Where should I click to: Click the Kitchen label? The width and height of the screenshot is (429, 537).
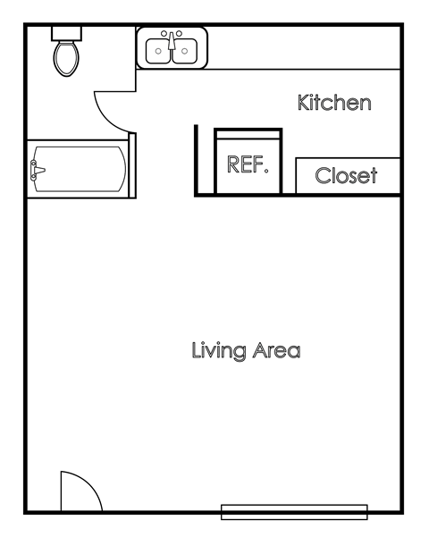click(333, 104)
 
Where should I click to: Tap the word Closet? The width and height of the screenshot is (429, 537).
click(346, 176)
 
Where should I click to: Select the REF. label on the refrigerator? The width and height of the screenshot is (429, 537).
click(248, 164)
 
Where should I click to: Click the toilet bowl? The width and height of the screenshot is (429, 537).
click(65, 59)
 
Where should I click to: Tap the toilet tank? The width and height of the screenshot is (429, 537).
click(65, 32)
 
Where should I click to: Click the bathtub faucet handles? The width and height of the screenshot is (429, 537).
click(36, 169)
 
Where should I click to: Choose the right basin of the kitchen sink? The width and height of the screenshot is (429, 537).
click(184, 50)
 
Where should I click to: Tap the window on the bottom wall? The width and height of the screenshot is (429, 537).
click(294, 512)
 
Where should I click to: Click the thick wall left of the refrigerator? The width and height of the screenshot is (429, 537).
click(196, 161)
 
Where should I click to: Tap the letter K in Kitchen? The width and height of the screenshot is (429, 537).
click(304, 104)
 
